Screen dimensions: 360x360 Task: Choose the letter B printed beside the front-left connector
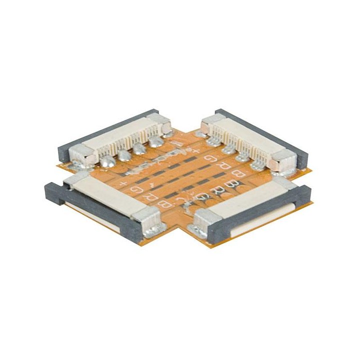point(161,204)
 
